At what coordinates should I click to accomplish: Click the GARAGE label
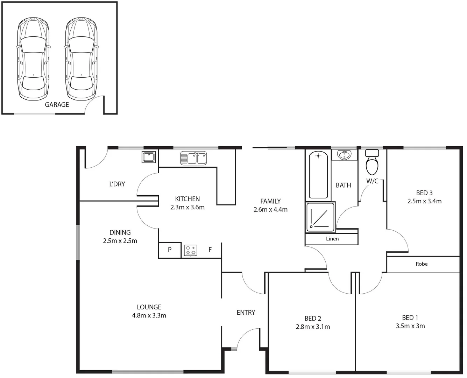pyautogui.click(x=57, y=104)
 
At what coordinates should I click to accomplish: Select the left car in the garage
pyautogui.click(x=33, y=59)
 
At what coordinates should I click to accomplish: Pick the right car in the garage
pyautogui.click(x=82, y=59)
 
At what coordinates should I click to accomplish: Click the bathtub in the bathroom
pyautogui.click(x=318, y=175)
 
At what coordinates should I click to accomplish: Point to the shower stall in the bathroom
pyautogui.click(x=320, y=217)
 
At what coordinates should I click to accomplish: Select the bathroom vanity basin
pyautogui.click(x=345, y=155)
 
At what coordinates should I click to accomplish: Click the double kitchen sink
pyautogui.click(x=193, y=158)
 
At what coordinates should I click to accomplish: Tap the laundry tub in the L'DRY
pyautogui.click(x=149, y=157)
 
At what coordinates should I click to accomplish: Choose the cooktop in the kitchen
pyautogui.click(x=191, y=250)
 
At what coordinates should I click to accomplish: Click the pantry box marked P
pyautogui.click(x=170, y=250)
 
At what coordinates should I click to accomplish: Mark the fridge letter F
pyautogui.click(x=210, y=250)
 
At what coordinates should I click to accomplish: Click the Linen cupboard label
pyautogui.click(x=332, y=239)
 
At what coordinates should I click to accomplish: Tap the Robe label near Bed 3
pyautogui.click(x=422, y=264)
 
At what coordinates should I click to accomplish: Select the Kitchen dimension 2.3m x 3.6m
pyautogui.click(x=187, y=207)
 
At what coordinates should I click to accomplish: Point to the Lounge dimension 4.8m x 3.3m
pyautogui.click(x=149, y=315)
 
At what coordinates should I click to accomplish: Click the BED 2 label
pyautogui.click(x=313, y=318)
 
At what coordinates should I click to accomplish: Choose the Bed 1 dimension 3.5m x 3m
pyautogui.click(x=410, y=326)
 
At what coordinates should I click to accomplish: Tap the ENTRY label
pyautogui.click(x=246, y=313)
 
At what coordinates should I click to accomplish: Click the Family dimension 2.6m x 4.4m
pyautogui.click(x=270, y=210)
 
